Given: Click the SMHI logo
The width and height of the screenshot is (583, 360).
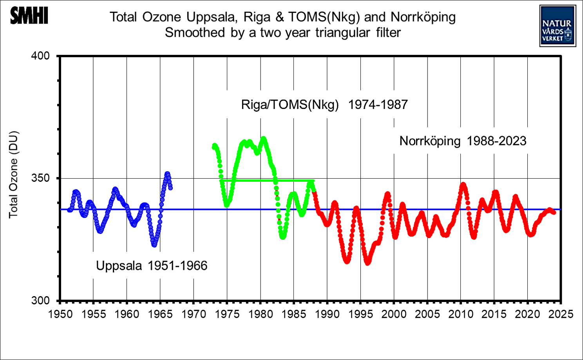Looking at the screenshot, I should point(29,16).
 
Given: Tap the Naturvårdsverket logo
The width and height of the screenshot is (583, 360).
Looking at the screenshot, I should point(557,26).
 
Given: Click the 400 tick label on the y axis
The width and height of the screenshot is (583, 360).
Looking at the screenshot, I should point(40,56).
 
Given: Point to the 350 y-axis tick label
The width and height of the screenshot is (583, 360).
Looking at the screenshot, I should point(40,178).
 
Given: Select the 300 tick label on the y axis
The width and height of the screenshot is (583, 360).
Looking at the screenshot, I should point(40,300).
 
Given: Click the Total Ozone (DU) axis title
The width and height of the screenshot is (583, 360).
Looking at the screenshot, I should point(14,174).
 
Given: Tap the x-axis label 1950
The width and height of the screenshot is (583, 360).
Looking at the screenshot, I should point(60,314).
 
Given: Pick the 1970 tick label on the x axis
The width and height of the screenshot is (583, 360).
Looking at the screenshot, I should point(194,314).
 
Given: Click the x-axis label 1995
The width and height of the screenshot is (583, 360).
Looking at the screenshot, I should point(360,314).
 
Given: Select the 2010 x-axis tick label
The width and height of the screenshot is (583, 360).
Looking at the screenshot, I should point(461,314).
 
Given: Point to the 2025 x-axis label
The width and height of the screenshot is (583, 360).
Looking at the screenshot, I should point(561,314).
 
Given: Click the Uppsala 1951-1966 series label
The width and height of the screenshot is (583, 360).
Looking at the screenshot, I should point(152,266).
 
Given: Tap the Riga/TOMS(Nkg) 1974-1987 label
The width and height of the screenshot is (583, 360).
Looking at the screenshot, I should point(324,105).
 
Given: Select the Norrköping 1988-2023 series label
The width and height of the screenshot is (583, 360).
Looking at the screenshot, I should point(463,141).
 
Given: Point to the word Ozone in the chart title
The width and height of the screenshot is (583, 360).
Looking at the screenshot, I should point(161,17).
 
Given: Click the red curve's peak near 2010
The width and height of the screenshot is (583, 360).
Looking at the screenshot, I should point(464,184).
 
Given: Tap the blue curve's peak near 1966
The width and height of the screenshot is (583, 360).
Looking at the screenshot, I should point(167,174).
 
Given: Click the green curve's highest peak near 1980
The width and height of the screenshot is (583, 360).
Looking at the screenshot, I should point(263,139).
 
